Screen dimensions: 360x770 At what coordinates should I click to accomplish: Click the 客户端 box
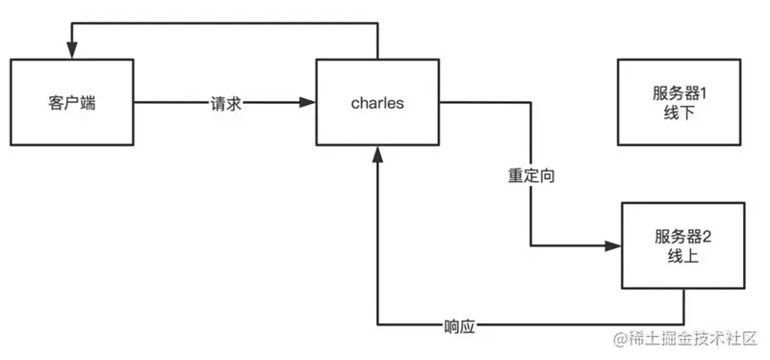click(x=71, y=102)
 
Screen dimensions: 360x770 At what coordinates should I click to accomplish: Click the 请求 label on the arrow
click(x=225, y=102)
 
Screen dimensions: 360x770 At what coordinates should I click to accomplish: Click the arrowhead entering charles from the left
click(x=310, y=102)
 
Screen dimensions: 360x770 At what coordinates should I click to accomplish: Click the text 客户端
click(x=71, y=102)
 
